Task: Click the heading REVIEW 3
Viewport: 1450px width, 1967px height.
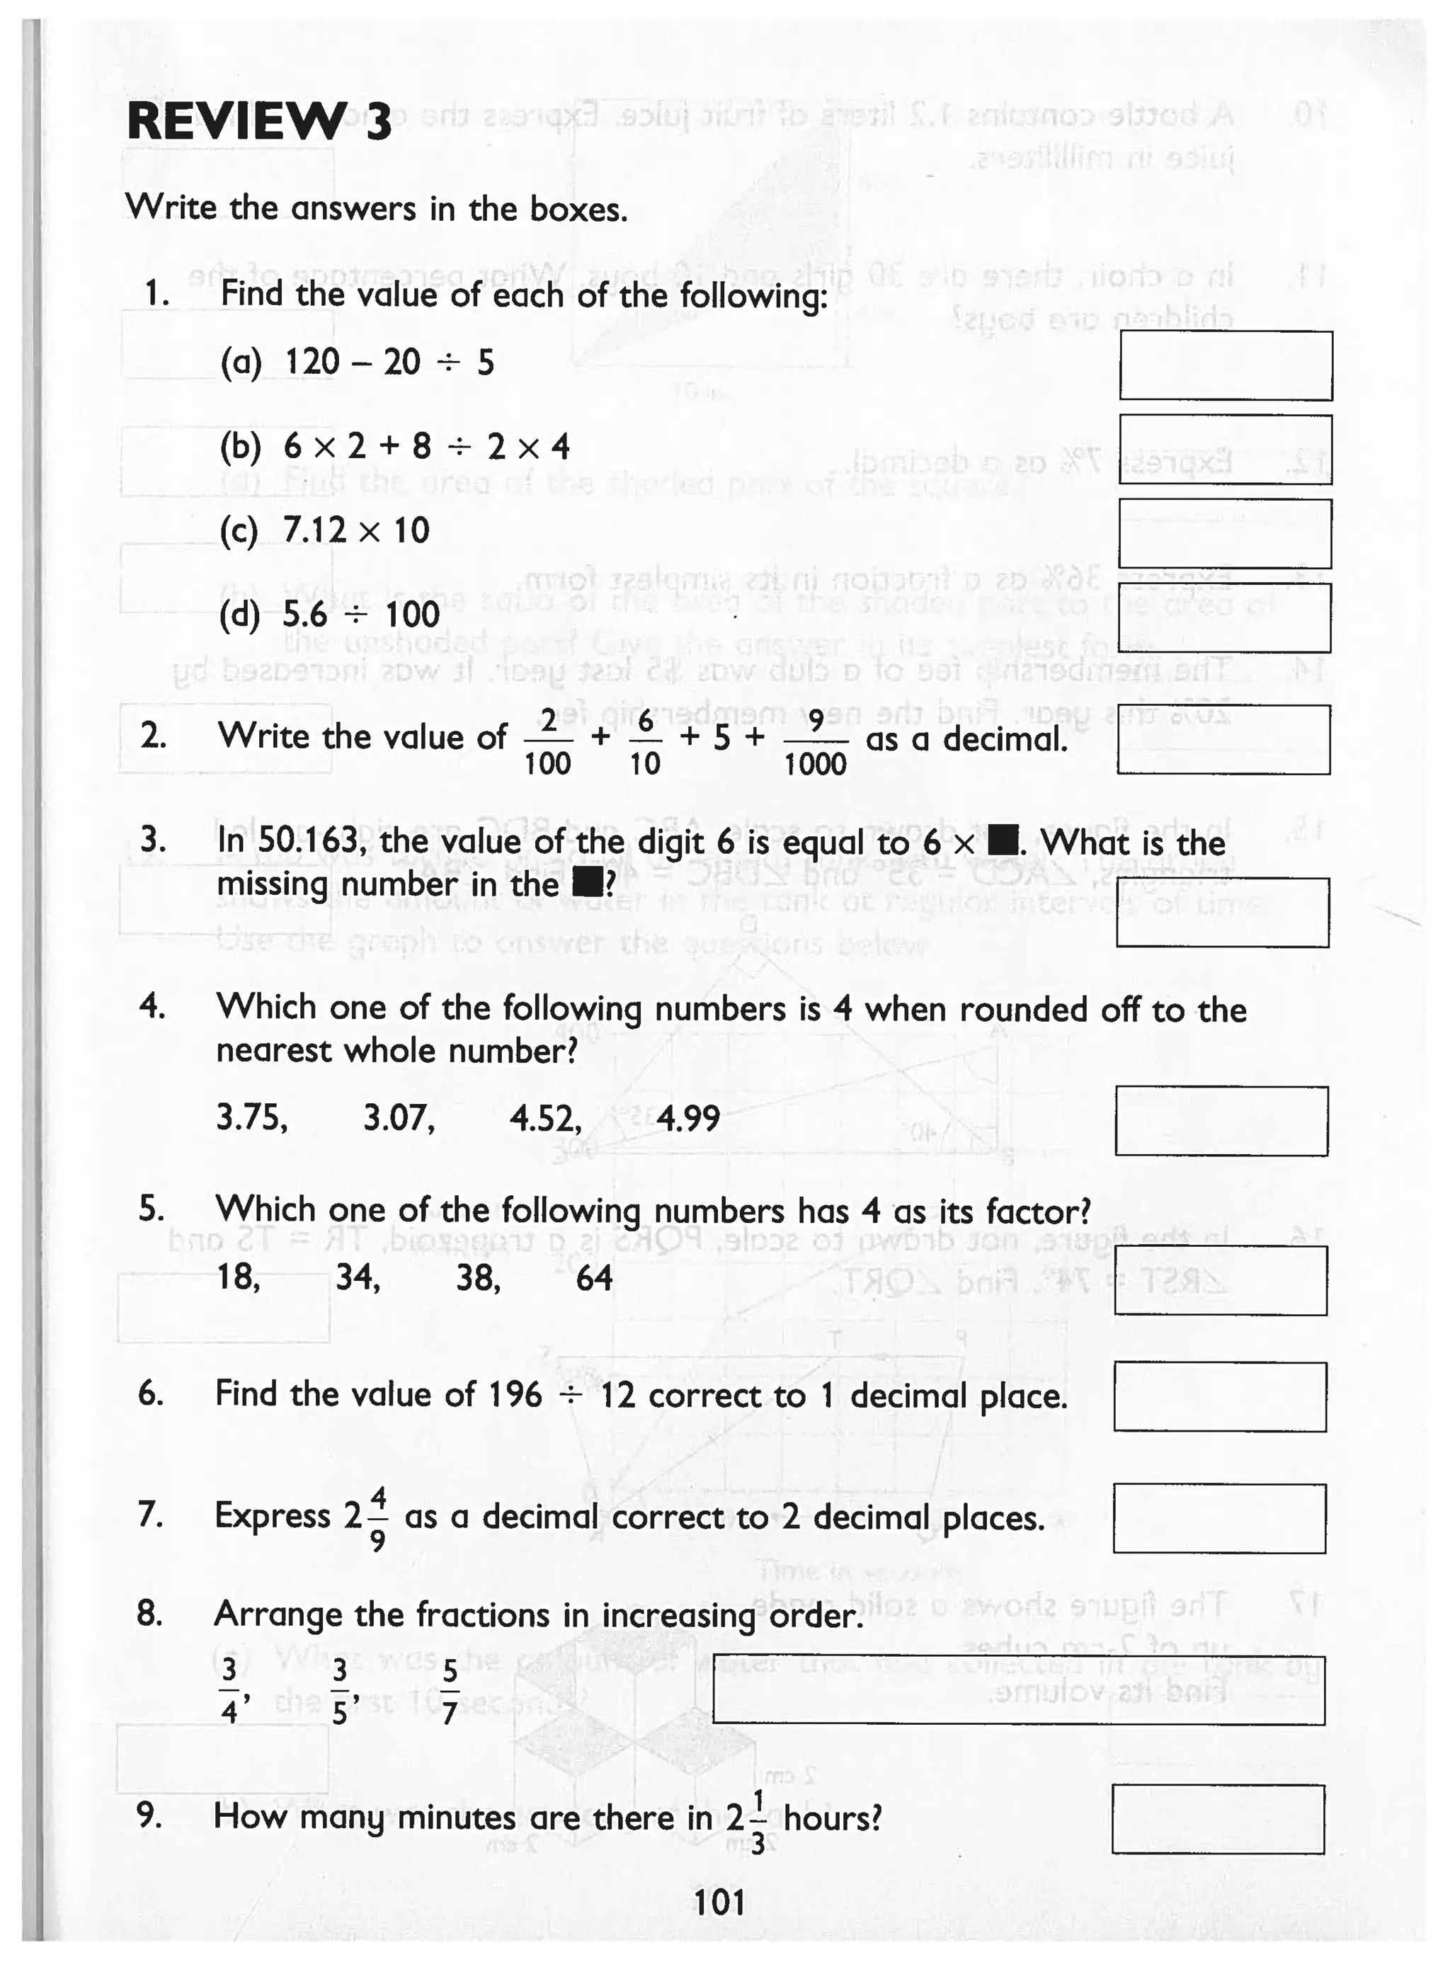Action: (260, 121)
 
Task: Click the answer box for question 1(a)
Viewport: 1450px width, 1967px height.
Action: (1226, 365)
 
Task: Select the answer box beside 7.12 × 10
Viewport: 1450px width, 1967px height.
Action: (1224, 534)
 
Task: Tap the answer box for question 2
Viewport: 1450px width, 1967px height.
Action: (1223, 739)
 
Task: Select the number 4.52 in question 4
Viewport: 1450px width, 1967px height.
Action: (545, 1118)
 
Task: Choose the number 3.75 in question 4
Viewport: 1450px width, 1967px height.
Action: (251, 1117)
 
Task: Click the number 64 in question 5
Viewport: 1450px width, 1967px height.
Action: (593, 1278)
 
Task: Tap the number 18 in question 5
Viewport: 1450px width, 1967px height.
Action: (238, 1277)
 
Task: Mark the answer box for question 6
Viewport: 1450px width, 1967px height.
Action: (1220, 1396)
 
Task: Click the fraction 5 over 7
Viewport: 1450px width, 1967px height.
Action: (450, 1693)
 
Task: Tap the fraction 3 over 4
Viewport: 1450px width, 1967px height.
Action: (229, 1692)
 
